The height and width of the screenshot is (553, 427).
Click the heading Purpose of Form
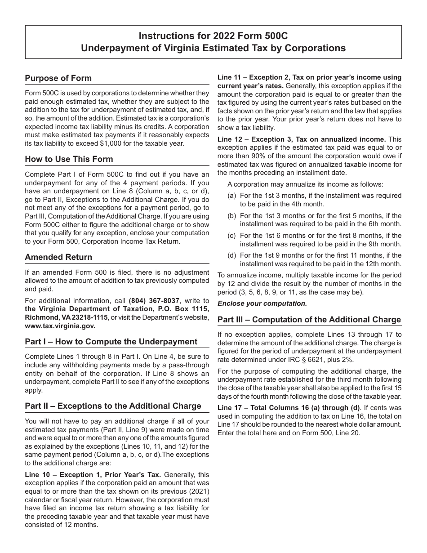pos(58,78)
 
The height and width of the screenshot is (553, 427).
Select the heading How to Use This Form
pos(69,159)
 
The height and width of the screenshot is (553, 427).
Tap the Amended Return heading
pos(58,257)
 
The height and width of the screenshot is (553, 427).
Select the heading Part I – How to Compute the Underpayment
pos(111,342)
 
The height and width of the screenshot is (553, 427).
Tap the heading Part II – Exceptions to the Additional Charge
pos(113,406)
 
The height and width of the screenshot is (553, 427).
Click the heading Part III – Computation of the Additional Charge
pos(309,320)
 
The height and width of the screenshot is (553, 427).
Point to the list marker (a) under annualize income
pos(232,196)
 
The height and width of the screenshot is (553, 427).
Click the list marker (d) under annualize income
pos(232,256)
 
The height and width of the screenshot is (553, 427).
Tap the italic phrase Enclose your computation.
pos(262,303)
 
